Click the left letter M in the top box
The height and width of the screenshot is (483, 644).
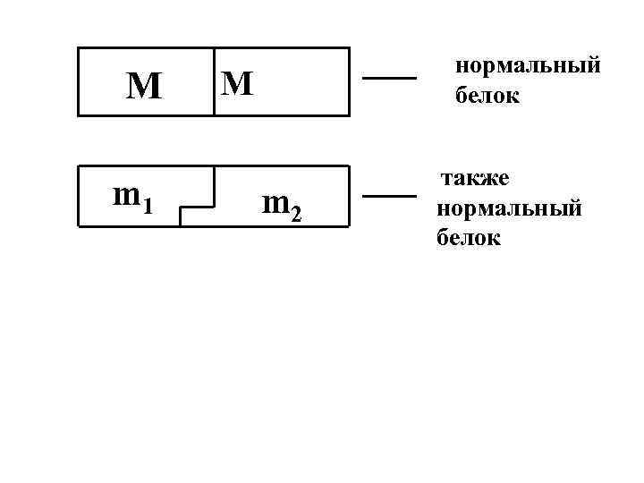click(144, 86)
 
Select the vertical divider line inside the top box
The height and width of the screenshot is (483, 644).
click(215, 82)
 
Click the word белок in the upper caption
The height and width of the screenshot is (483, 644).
click(487, 96)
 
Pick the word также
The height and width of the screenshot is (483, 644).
click(473, 179)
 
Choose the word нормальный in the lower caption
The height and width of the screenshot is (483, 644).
click(509, 209)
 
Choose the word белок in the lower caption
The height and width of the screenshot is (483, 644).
click(469, 239)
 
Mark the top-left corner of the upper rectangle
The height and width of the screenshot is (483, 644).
click(79, 48)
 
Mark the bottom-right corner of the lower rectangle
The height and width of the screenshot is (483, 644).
click(348, 229)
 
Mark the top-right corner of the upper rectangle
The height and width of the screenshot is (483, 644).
click(348, 48)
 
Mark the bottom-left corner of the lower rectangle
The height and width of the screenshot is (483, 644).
click(79, 229)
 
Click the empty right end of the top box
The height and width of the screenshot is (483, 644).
click(309, 82)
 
